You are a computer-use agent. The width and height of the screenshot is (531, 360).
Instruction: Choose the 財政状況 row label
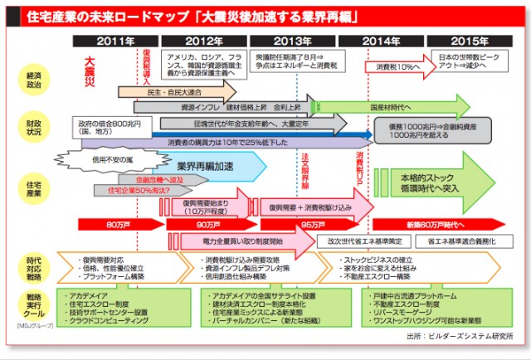coord(33,126)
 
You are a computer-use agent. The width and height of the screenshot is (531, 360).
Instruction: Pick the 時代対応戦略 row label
coord(33,265)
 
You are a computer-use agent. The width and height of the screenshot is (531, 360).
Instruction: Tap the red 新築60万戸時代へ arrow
coord(436,225)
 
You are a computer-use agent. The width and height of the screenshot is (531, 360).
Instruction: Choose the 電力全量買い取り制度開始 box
coord(241,241)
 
